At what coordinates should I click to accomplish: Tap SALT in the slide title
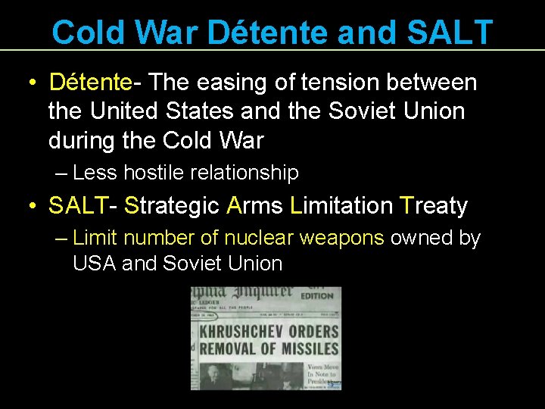click(x=449, y=33)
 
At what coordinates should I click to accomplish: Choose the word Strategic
click(x=171, y=205)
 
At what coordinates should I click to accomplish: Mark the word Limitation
click(x=341, y=205)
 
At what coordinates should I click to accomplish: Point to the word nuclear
click(x=259, y=238)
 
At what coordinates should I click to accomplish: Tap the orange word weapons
click(x=342, y=238)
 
